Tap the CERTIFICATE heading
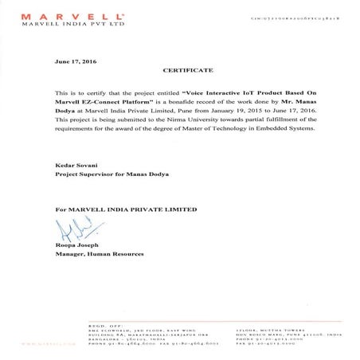(181, 70)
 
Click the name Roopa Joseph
(74, 245)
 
